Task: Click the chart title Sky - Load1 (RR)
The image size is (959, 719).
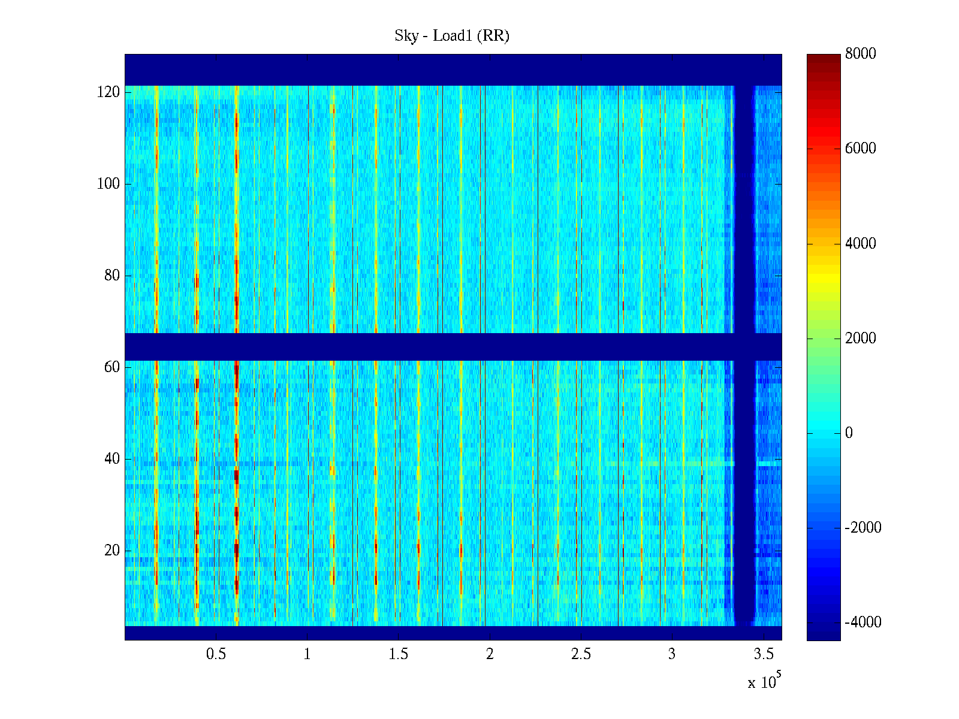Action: (452, 36)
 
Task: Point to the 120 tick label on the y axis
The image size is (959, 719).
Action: (108, 92)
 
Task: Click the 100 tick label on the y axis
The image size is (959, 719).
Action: (108, 184)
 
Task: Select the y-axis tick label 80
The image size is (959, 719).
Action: (112, 276)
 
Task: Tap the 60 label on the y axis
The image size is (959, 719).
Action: (112, 367)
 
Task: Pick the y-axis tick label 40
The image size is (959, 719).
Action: (112, 459)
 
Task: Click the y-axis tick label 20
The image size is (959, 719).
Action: (112, 551)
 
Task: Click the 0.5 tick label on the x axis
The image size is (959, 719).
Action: (216, 654)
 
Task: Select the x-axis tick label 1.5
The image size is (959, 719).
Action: (398, 654)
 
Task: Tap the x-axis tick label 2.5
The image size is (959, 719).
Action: (581, 654)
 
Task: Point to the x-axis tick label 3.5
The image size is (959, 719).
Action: (764, 654)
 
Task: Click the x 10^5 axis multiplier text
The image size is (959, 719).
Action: (764, 682)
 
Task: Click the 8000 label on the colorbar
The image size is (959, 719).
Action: (860, 54)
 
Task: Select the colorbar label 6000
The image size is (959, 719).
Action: (860, 149)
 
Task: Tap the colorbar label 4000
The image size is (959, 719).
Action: (860, 243)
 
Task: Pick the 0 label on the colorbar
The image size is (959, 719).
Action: (849, 433)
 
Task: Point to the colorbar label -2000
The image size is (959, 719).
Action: (863, 528)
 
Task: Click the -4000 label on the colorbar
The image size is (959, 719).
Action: (863, 623)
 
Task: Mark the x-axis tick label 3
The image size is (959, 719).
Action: (672, 654)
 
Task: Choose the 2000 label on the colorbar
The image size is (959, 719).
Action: (860, 339)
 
